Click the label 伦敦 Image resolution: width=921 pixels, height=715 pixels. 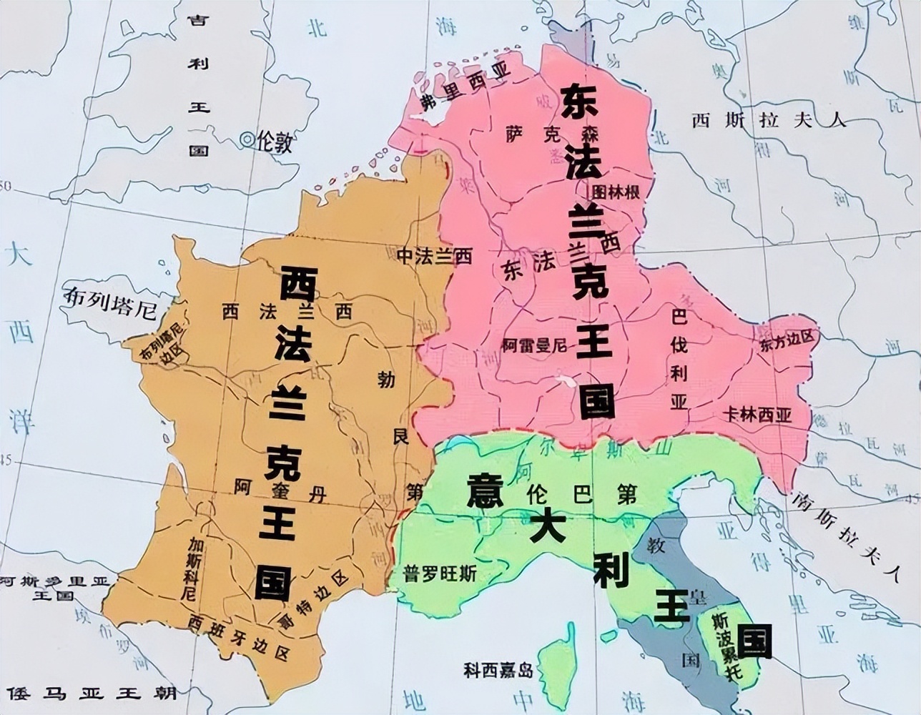click(x=275, y=142)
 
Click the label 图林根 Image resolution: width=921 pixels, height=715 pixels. click(x=616, y=192)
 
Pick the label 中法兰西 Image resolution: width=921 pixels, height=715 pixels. click(x=434, y=256)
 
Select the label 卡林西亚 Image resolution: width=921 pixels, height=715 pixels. click(x=757, y=415)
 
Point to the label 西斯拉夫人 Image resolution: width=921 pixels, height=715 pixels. click(x=768, y=119)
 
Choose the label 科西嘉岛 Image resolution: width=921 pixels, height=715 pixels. click(x=498, y=670)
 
